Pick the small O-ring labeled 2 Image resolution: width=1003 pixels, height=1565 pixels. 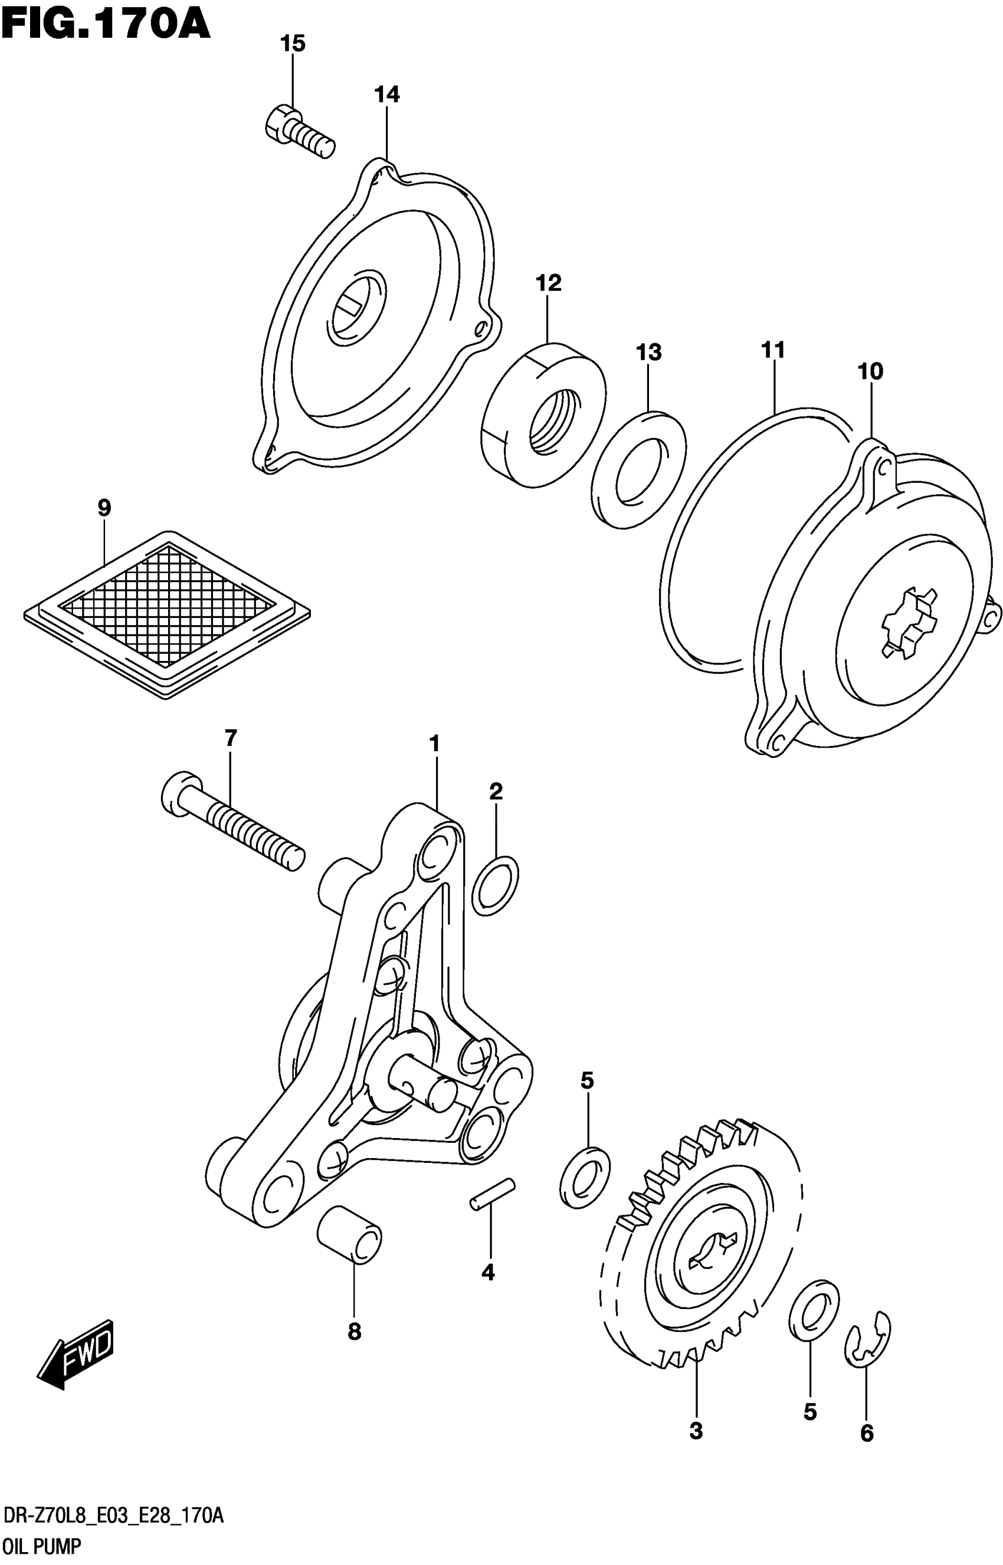pyautogui.click(x=495, y=886)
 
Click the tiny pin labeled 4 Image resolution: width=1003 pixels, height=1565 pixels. pyautogui.click(x=493, y=1195)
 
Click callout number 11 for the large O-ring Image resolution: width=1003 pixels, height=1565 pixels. pyautogui.click(x=773, y=350)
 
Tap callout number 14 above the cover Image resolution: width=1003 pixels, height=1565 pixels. pyautogui.click(x=386, y=94)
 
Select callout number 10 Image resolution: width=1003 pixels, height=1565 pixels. pyautogui.click(x=870, y=371)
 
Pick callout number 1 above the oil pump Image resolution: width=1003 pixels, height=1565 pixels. pyautogui.click(x=434, y=744)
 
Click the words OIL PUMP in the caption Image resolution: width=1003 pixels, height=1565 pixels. pyautogui.click(x=41, y=1546)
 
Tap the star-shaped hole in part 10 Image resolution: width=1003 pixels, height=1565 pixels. pyautogui.click(x=908, y=623)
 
